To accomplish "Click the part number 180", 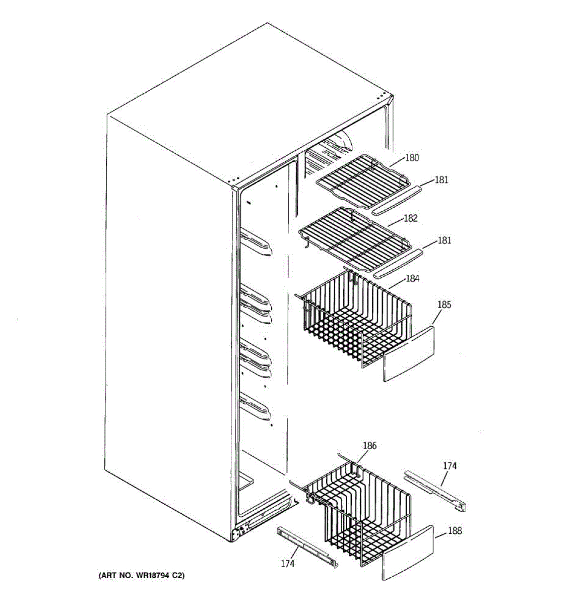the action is click(412, 158).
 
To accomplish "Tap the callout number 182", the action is click(411, 218).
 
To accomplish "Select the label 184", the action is click(412, 278).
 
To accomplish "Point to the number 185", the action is click(444, 305).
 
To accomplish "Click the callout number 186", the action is click(369, 446).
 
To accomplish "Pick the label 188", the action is click(454, 531).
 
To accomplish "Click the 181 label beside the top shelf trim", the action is click(441, 180).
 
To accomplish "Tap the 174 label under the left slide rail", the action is click(287, 564).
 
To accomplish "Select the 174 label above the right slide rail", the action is click(450, 466).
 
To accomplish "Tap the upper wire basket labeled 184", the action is click(353, 323).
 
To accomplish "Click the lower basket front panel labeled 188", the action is click(408, 552).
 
